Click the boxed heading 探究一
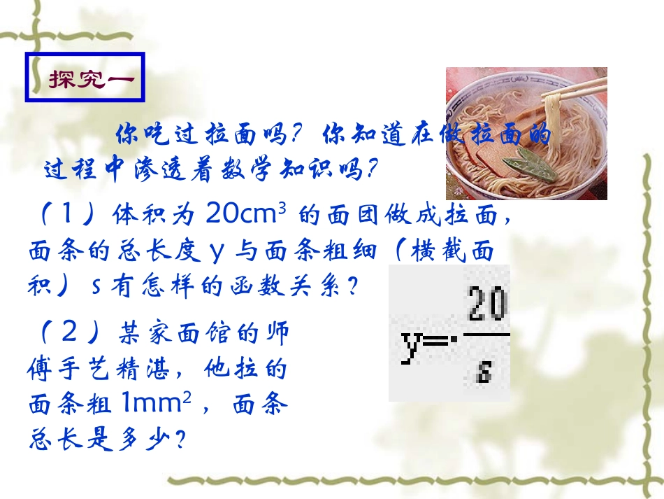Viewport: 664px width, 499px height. coord(85,78)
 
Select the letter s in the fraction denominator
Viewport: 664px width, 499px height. coord(483,370)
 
